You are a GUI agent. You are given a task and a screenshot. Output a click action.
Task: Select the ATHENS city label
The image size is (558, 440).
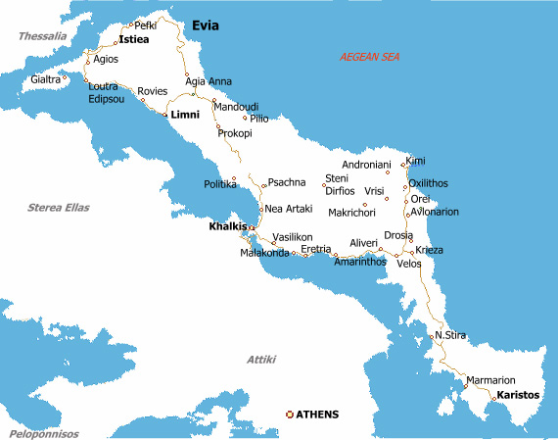317,415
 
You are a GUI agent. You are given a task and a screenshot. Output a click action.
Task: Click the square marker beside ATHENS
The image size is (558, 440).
288,415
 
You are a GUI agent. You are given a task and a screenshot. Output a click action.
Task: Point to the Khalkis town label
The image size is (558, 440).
227,227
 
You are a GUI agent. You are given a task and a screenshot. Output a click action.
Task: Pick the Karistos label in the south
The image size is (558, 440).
518,395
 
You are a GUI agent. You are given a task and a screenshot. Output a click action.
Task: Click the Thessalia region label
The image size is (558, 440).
42,36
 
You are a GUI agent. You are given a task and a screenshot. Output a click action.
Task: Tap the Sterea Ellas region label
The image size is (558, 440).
59,207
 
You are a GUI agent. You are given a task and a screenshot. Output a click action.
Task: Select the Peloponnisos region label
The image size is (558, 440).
44,433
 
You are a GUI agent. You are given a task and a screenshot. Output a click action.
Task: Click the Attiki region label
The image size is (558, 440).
261,360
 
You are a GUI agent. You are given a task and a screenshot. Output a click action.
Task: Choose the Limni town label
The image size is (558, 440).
185,115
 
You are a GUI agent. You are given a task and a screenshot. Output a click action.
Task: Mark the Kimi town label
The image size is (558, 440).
416,160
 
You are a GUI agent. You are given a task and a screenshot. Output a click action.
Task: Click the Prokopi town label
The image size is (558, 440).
235,132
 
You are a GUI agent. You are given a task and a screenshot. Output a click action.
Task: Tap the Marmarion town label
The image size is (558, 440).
490,379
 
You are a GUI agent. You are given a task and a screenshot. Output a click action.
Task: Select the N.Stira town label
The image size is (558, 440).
450,336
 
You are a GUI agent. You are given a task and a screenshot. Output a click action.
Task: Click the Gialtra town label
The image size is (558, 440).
45,79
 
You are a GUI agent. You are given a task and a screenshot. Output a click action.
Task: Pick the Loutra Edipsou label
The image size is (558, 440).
107,93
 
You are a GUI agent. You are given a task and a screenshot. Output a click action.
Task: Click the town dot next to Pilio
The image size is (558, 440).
245,118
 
